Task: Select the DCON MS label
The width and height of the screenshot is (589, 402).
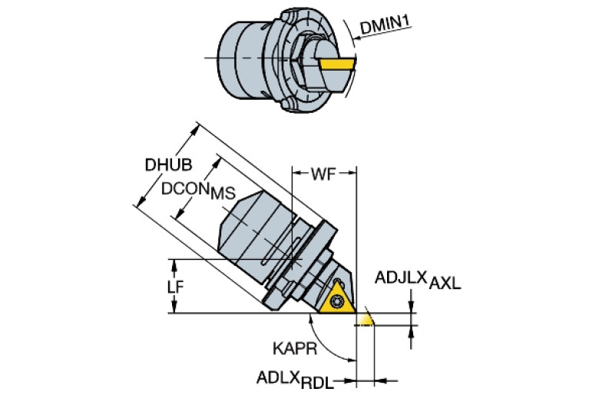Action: click(198, 191)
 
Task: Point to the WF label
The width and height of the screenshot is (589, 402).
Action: click(323, 174)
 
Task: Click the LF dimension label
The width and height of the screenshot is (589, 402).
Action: click(175, 287)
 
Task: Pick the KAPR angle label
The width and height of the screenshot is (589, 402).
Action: click(295, 349)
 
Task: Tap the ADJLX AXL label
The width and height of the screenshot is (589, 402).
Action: click(418, 280)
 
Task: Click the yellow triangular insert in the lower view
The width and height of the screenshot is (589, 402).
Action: click(338, 299)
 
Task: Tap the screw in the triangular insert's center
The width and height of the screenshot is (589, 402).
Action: click(336, 301)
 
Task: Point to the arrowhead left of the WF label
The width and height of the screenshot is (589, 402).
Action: click(296, 173)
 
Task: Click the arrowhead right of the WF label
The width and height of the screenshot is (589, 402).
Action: click(352, 173)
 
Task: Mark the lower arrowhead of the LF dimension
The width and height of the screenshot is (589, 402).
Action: click(174, 307)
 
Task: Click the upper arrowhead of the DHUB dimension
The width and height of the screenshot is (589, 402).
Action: click(194, 129)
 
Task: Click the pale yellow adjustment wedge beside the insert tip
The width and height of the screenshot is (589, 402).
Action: click(365, 319)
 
